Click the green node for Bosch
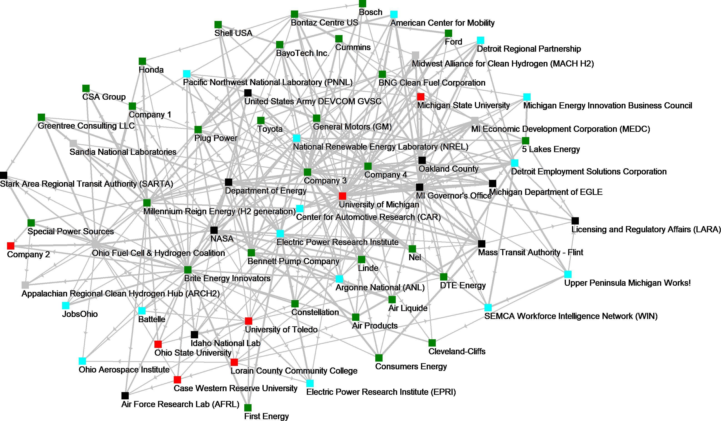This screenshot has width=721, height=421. [x=363, y=3]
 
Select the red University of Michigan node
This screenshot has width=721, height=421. [x=342, y=196]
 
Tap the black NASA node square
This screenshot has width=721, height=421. [x=214, y=230]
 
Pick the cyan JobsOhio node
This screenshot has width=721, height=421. [x=66, y=306]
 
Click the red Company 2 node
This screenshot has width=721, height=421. [x=11, y=246]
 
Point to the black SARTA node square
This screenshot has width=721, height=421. [x=3, y=175]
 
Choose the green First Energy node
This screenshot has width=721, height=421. [x=248, y=408]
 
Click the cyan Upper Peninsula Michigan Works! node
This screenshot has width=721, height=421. [x=568, y=274]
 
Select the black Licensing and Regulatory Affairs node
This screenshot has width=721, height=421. [x=575, y=221]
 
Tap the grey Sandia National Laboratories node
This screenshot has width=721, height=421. [x=73, y=143]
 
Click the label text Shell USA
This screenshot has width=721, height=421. [x=233, y=33]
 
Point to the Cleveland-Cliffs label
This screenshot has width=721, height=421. [x=457, y=351]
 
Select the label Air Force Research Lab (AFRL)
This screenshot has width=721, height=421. [x=180, y=404]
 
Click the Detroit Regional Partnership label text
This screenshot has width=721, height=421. [x=529, y=49]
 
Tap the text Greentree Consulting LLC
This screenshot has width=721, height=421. [x=86, y=126]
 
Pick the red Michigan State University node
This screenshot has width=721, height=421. [x=421, y=97]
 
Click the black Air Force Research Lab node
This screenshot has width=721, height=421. [x=125, y=395]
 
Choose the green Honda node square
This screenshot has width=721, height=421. [x=142, y=61]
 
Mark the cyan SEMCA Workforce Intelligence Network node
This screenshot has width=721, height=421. [x=488, y=308]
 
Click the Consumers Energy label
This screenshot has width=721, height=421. [x=411, y=367]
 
